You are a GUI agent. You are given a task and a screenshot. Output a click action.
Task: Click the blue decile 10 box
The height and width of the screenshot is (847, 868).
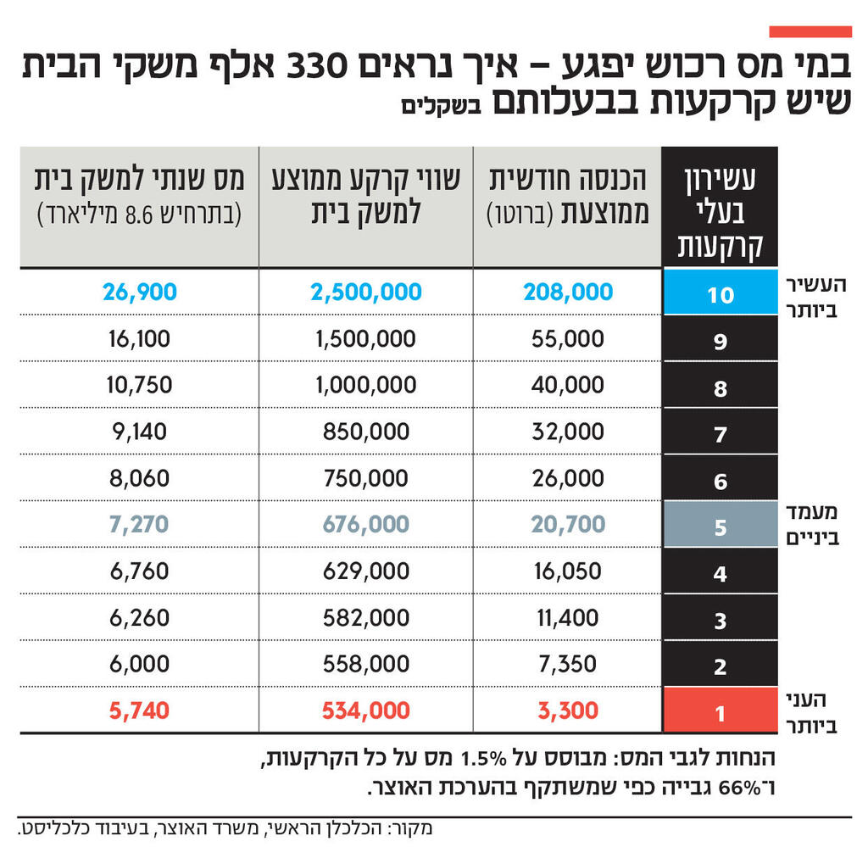[720, 293]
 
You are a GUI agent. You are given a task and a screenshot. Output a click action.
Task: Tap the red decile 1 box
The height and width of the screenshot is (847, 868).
[720, 710]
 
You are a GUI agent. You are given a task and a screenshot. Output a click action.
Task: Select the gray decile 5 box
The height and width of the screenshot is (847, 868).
[720, 526]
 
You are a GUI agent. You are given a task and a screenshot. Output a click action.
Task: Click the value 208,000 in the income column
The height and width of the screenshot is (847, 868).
[568, 293]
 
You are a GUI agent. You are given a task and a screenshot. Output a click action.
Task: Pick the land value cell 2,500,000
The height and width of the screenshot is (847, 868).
[366, 293]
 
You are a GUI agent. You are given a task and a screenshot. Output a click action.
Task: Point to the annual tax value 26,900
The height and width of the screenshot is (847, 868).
[140, 293]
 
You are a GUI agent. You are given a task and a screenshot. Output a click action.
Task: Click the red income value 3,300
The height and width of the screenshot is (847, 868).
[568, 710]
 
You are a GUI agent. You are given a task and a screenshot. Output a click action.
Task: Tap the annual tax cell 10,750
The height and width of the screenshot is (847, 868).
[140, 385]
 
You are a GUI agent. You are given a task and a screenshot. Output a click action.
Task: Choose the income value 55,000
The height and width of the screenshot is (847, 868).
[568, 339]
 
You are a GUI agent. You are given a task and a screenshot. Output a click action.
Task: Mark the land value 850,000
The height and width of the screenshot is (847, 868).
[366, 432]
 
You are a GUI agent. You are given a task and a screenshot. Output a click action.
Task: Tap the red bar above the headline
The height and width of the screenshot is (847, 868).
[810, 31]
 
